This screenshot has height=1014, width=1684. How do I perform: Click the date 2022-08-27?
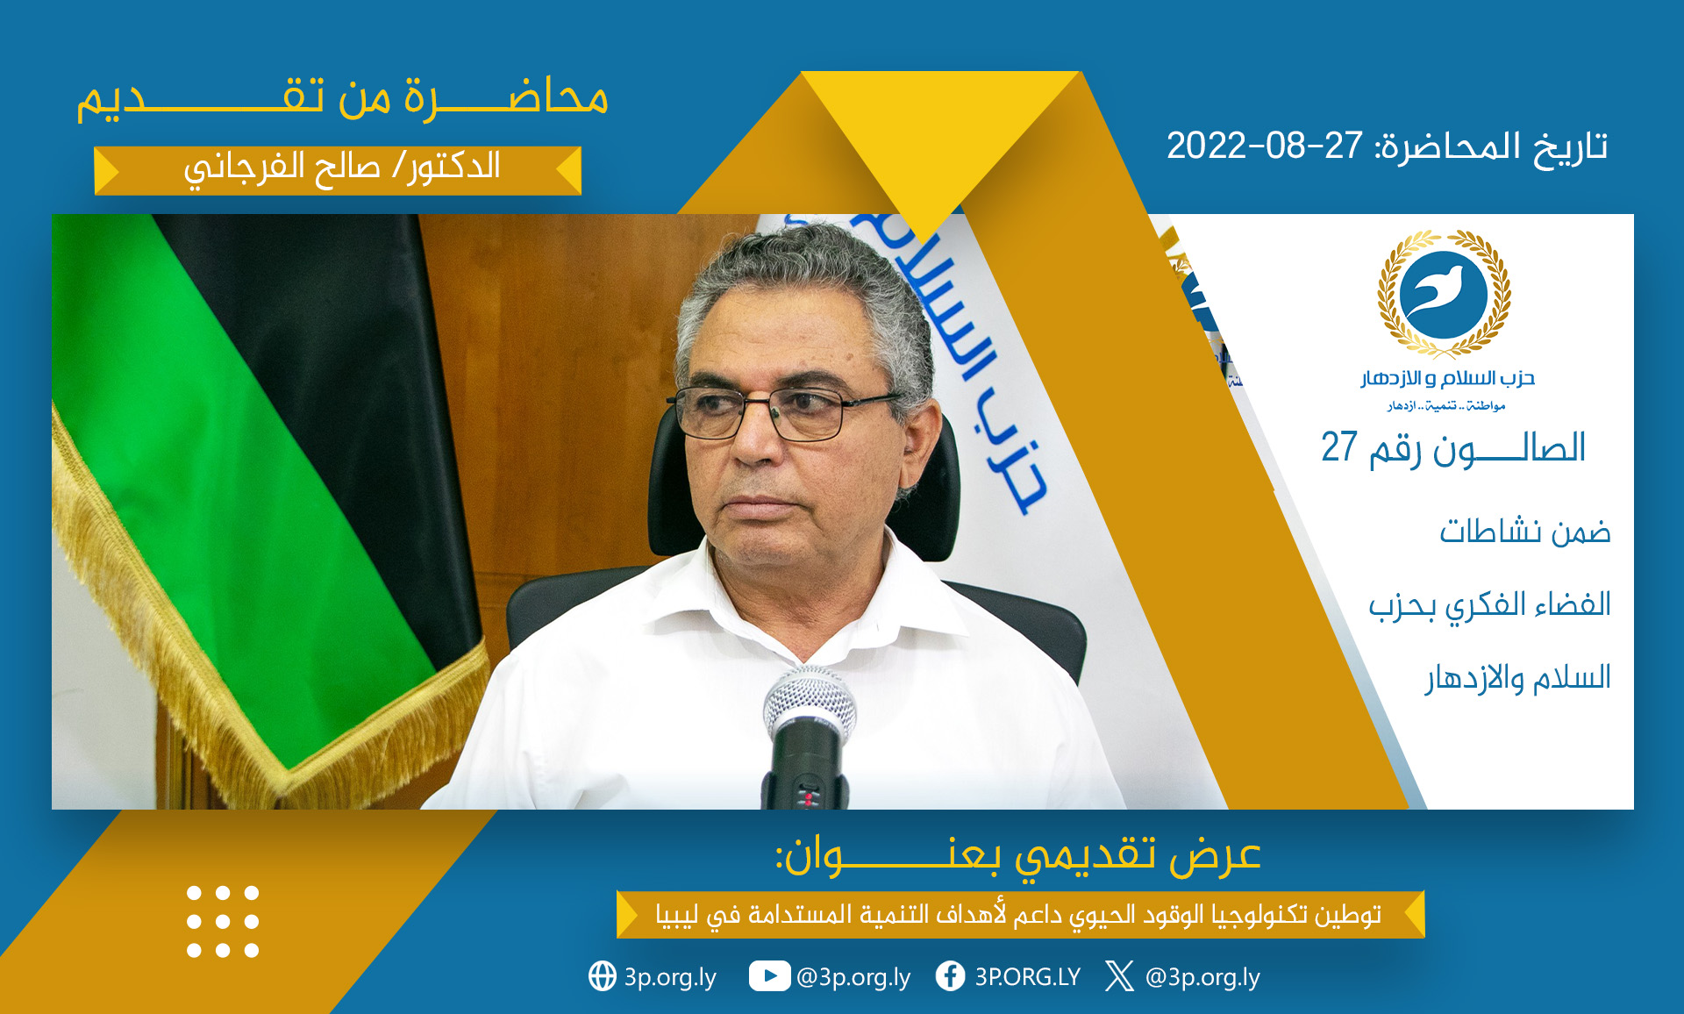tap(1264, 146)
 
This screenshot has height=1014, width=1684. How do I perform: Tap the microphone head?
tap(809, 703)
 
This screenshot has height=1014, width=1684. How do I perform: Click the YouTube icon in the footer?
tap(768, 976)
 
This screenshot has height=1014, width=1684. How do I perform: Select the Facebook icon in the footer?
tap(950, 975)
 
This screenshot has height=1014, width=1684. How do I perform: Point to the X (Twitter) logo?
tap(1119, 975)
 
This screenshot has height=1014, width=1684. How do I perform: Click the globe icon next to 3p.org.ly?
tap(603, 975)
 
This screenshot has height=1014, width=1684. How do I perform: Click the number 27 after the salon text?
tap(1339, 447)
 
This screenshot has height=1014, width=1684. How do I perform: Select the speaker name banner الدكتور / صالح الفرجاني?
tap(339, 169)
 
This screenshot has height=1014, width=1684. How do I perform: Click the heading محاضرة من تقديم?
tap(342, 97)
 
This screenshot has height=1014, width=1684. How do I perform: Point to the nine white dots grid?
tap(223, 921)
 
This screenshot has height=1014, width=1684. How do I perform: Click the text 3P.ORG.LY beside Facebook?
tap(1028, 976)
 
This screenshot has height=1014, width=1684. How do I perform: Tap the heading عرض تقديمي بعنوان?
tap(1017, 854)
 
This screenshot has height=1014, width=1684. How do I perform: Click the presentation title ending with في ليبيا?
tap(1018, 915)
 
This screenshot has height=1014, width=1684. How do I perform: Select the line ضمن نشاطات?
tap(1525, 532)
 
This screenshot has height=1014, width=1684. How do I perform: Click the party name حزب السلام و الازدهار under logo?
tap(1448, 379)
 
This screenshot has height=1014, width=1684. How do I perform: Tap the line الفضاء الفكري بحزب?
tap(1490, 605)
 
